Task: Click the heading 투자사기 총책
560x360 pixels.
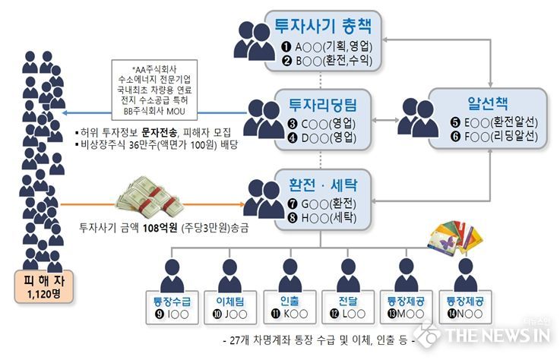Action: [323, 26]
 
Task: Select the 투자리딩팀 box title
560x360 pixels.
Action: [323, 105]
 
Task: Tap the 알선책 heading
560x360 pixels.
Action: [488, 103]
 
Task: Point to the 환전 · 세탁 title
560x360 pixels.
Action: [323, 185]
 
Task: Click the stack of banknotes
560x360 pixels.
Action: [150, 197]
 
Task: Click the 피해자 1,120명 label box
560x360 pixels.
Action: [44, 287]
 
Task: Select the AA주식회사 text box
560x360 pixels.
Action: [154, 90]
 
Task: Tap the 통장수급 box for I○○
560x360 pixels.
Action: [172, 308]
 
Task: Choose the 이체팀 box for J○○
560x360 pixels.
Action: [230, 308]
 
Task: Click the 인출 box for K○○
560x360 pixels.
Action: [289, 307]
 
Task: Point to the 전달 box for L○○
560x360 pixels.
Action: [348, 307]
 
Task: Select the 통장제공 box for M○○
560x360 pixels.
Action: [406, 307]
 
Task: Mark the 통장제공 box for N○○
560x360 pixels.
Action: [465, 307]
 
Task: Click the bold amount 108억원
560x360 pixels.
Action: [160, 228]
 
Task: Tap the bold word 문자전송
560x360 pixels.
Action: [159, 132]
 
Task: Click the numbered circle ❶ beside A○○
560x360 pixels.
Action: [286, 47]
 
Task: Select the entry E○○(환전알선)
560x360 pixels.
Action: [501, 122]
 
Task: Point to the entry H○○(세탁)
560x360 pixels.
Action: [329, 217]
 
